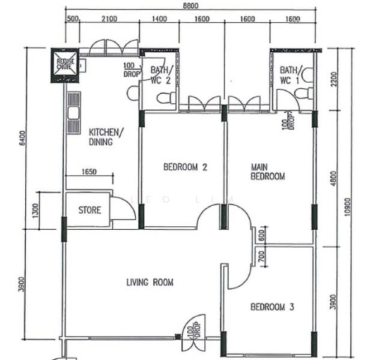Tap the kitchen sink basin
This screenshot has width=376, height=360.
point(74,113)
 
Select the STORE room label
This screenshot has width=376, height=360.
point(89,210)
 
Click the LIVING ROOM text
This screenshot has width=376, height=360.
point(150,282)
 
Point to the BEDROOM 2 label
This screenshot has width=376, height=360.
point(185,167)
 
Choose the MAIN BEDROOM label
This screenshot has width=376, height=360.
point(268,172)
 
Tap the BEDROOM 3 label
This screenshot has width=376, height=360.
point(272,307)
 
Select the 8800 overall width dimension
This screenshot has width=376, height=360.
point(190,5)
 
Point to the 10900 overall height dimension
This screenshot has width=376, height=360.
point(347,206)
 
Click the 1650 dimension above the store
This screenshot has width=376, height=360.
point(89,172)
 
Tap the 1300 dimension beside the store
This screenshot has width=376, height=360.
point(35,211)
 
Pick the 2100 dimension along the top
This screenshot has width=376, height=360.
point(109,19)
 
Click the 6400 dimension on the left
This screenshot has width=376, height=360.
point(22,138)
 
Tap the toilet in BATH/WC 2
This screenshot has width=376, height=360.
point(166,98)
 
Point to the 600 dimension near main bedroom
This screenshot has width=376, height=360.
point(262,235)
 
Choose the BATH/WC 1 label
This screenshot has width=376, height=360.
point(290,76)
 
